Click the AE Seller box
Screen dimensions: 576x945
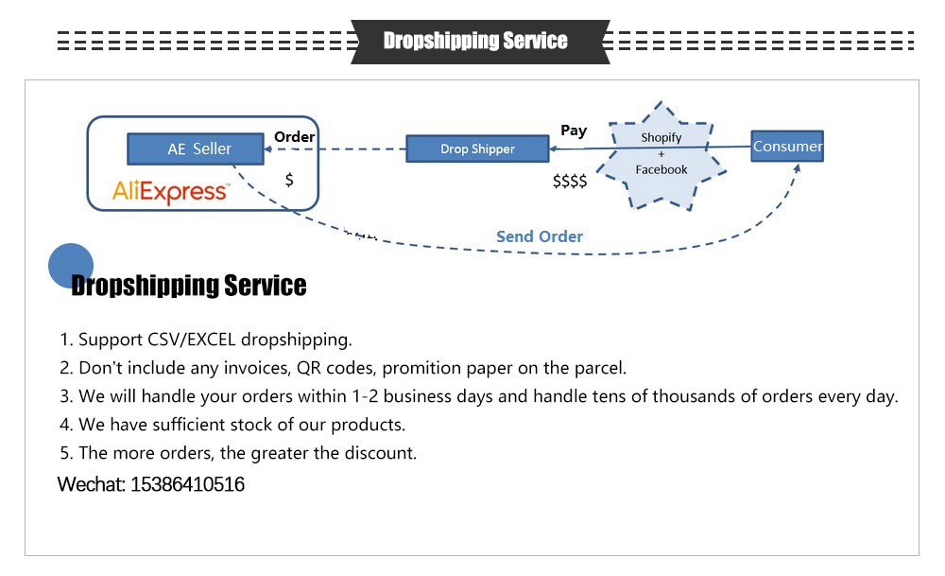(x=198, y=148)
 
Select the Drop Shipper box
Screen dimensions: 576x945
(x=477, y=148)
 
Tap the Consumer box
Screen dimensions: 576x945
(x=787, y=146)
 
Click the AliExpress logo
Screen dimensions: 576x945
(x=170, y=192)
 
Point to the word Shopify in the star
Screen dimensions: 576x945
(x=661, y=137)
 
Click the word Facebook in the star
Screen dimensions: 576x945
(x=661, y=169)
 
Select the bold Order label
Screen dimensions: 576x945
(x=294, y=136)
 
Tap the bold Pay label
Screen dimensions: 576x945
(x=574, y=131)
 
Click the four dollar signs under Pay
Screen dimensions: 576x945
(x=570, y=181)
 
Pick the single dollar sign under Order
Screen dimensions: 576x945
(x=289, y=179)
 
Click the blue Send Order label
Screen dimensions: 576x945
(x=540, y=236)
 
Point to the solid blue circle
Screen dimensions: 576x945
(x=71, y=266)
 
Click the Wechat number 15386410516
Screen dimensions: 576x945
(x=187, y=485)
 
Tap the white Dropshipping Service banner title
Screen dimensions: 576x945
(x=475, y=41)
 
